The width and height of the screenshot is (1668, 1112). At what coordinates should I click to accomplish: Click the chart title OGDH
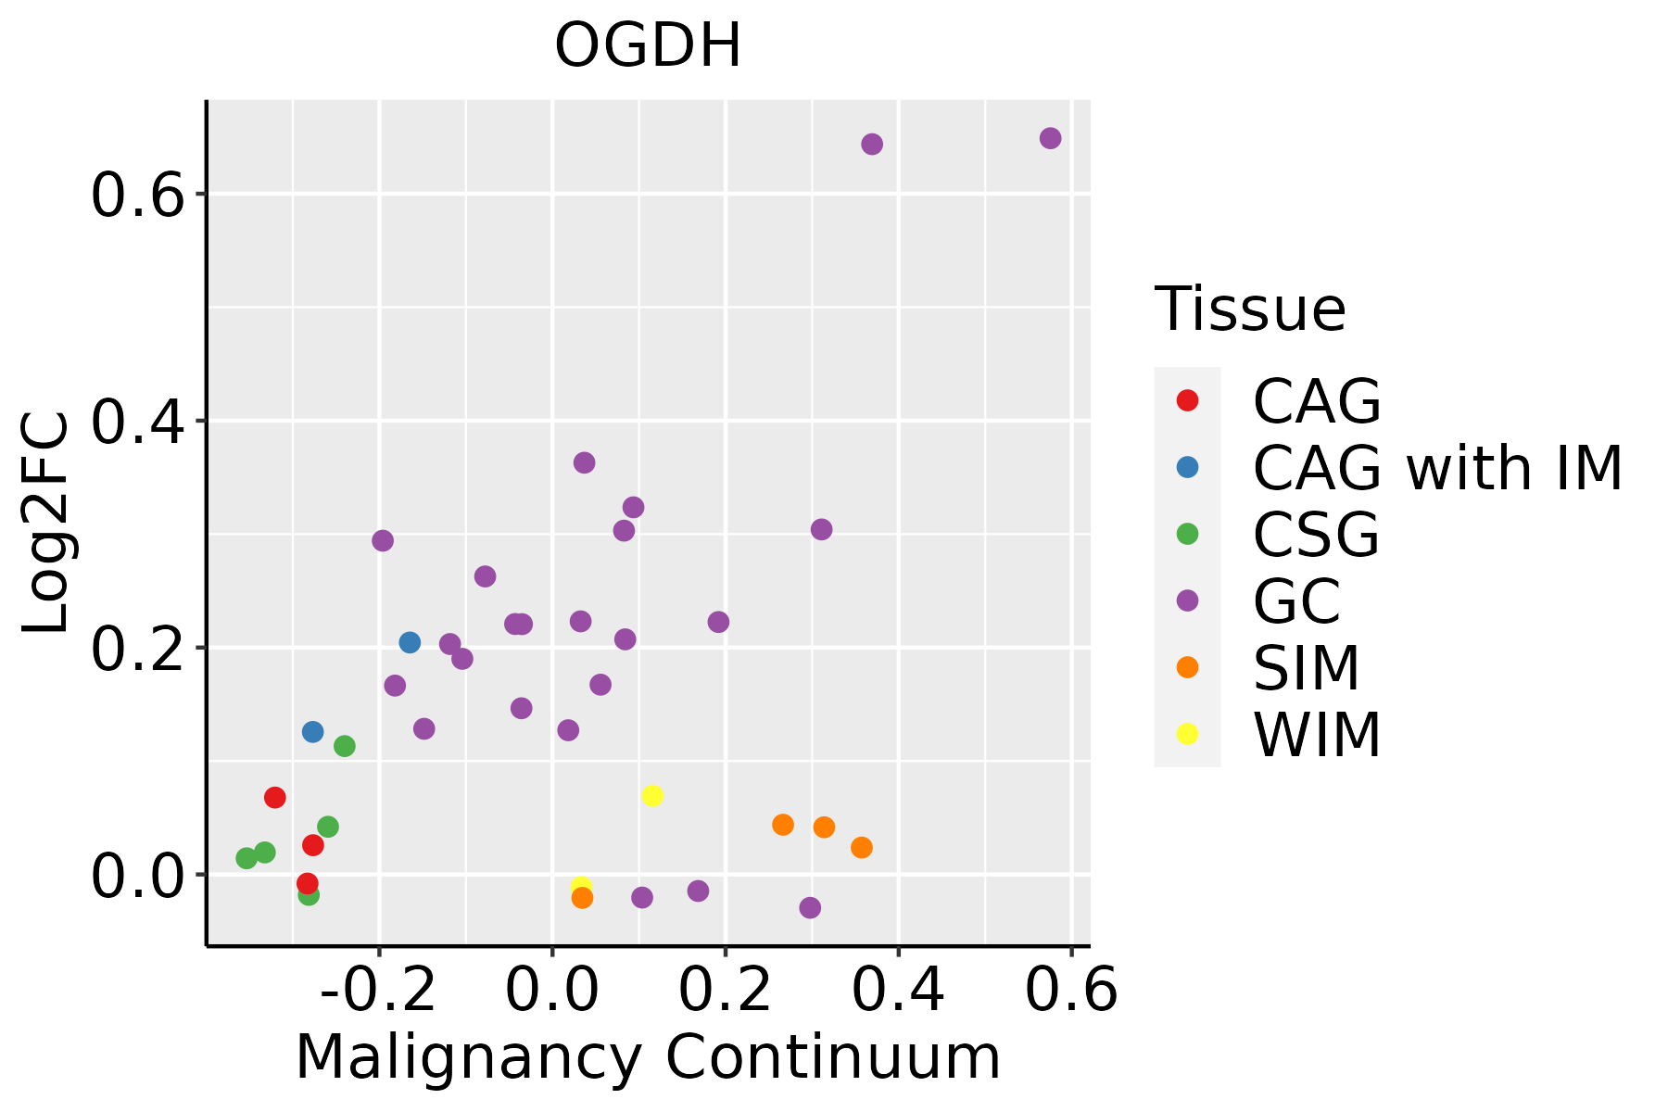648,45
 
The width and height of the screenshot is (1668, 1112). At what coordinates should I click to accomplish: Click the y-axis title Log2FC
46,524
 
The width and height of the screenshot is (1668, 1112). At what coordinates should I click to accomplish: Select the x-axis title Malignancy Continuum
648,1057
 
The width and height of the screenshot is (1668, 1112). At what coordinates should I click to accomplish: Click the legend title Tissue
1250,310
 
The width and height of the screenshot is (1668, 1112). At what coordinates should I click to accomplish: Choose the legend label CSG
1316,535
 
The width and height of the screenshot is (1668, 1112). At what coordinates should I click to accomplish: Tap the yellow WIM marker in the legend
1187,734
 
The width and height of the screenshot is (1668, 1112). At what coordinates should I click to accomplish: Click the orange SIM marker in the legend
1187,667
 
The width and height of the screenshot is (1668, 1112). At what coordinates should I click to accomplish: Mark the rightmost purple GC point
1050,138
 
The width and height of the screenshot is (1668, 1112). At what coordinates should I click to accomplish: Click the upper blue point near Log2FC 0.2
410,642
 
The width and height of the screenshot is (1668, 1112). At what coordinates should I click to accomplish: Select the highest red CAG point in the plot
275,797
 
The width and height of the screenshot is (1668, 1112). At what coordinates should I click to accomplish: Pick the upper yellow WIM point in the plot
652,796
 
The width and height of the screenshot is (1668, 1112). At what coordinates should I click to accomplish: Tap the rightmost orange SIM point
862,847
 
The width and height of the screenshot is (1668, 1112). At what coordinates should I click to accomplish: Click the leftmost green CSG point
246,858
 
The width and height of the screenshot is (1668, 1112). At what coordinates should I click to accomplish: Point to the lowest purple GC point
810,907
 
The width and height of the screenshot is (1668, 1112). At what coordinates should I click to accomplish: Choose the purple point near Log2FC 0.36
584,462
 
